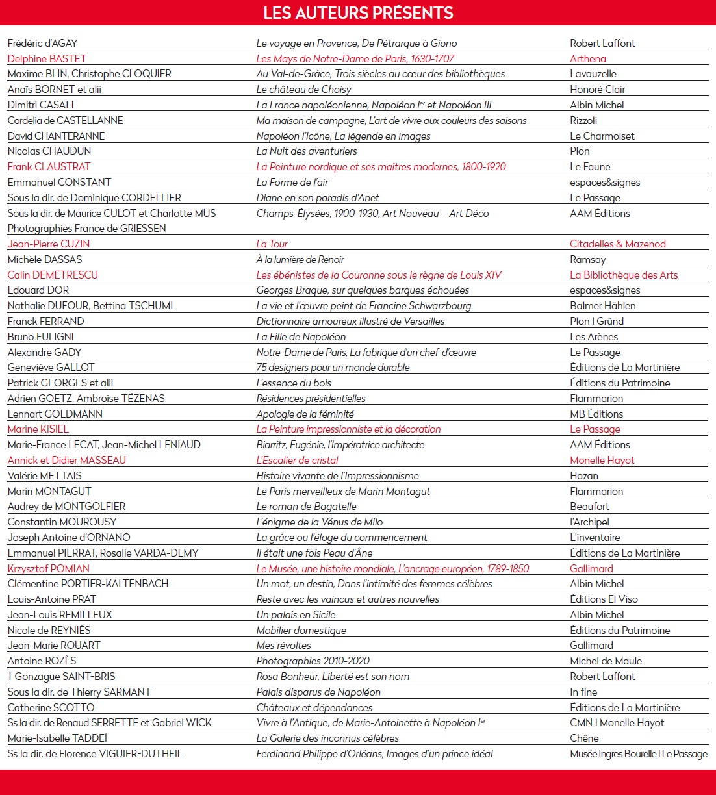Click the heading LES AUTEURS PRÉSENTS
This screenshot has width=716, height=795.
point(358,13)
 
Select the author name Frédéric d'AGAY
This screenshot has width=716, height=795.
point(42,44)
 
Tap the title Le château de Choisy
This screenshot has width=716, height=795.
point(303,90)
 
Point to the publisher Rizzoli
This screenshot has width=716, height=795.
point(583,121)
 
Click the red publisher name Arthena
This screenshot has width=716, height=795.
point(587,59)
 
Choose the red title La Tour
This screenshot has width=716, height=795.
point(272,244)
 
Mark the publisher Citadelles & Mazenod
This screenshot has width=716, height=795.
point(617,244)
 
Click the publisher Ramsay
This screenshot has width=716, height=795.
point(587,260)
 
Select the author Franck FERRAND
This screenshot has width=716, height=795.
point(45,322)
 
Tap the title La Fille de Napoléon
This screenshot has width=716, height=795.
point(301,337)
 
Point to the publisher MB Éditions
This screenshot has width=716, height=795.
point(596,414)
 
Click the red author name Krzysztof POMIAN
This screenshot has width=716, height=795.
point(48,569)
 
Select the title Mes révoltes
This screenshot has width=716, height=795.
point(283,646)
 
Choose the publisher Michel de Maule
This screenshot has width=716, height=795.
point(606,661)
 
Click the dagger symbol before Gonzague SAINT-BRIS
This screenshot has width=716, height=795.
point(10,676)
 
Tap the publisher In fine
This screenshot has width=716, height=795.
point(583,692)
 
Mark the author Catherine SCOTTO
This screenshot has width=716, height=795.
point(51,708)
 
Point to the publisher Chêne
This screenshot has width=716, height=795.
point(584,738)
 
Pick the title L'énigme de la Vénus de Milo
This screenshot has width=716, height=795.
point(319,522)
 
